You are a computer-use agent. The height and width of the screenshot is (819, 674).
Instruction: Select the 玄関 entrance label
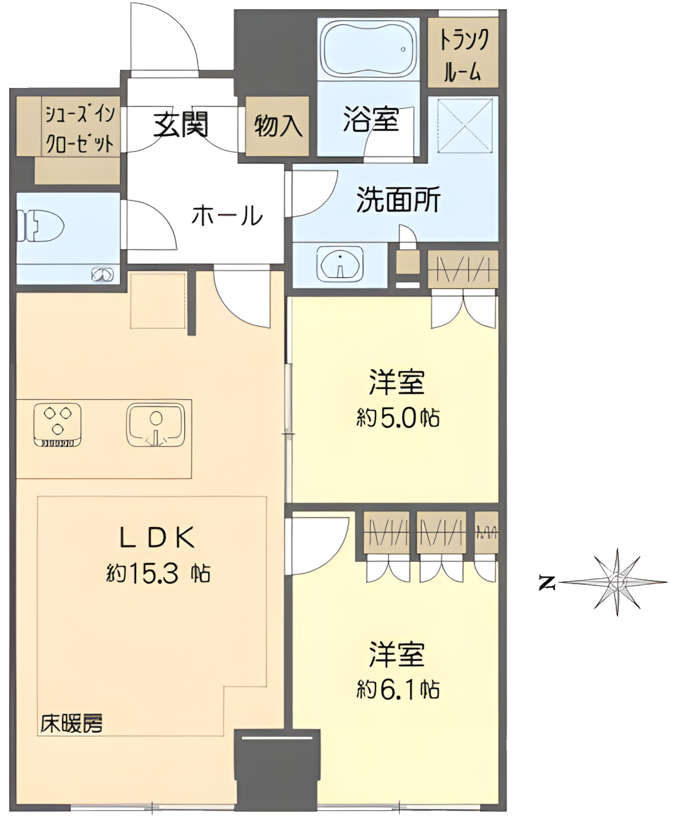(181, 125)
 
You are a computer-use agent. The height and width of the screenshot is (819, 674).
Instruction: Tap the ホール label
(227, 215)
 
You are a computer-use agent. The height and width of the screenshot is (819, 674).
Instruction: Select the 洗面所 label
(398, 200)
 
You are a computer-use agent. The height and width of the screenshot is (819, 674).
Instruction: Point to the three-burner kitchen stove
(58, 425)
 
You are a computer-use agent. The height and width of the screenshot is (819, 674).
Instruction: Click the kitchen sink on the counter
(156, 425)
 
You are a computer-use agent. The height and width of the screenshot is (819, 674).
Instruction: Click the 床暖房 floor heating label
(72, 723)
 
